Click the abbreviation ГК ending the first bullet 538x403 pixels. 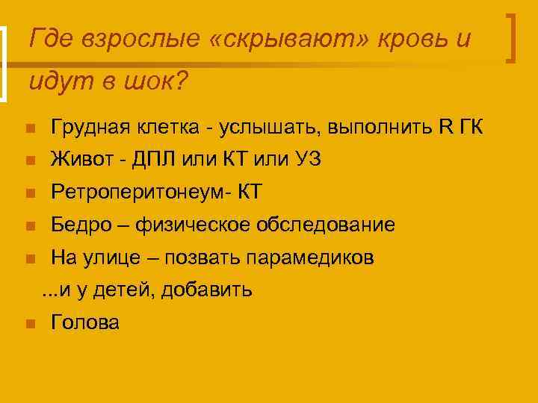470,128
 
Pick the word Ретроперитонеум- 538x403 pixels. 141,193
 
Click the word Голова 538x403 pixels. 85,322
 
